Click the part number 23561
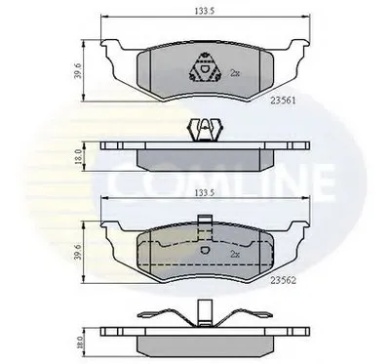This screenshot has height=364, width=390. (x=284, y=101)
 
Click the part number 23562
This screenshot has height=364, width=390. (x=284, y=281)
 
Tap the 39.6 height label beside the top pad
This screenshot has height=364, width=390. (x=77, y=71)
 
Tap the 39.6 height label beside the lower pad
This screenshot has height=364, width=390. (x=77, y=253)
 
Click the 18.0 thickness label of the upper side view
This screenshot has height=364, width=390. (x=77, y=156)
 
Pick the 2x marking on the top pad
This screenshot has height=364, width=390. (x=235, y=73)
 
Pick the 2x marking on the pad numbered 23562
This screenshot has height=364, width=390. (x=235, y=254)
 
